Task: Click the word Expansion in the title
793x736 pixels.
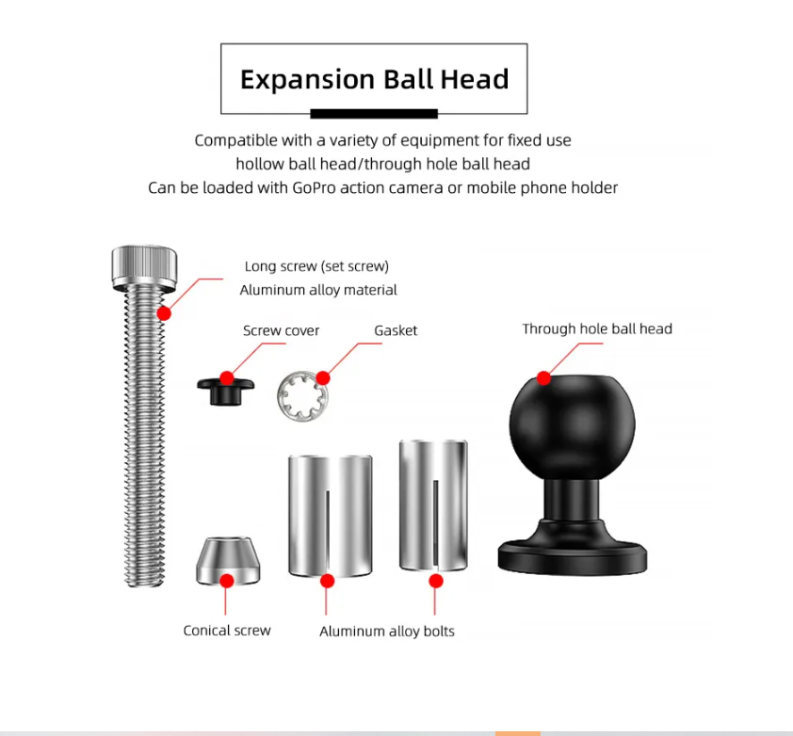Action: [x=307, y=80]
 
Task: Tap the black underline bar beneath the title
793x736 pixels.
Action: [x=374, y=114]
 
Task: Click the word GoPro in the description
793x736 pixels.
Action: [x=314, y=187]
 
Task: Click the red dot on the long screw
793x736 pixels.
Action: [x=164, y=313]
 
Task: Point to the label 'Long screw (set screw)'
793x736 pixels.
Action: [x=316, y=266]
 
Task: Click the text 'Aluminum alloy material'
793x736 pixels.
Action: [x=318, y=290]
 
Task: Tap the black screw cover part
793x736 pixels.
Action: [x=225, y=392]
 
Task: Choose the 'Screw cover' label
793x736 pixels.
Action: [x=282, y=330]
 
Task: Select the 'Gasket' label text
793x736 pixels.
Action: [x=396, y=330]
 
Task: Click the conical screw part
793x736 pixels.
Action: [x=228, y=561]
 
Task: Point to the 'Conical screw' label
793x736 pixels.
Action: [x=227, y=631]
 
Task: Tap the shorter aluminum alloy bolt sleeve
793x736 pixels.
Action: [x=331, y=516]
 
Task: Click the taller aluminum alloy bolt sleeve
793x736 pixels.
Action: [x=433, y=505]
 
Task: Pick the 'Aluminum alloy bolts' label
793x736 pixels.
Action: [x=387, y=631]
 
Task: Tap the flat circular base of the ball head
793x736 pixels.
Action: [x=573, y=557]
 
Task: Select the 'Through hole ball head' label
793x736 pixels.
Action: [x=597, y=329]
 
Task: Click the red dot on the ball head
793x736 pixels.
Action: [x=543, y=378]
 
